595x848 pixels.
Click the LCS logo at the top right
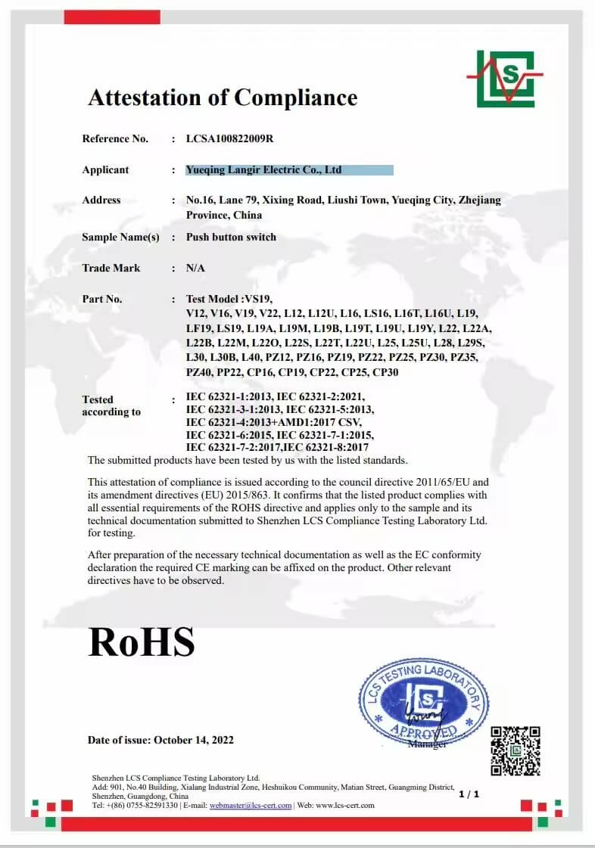coord(505,78)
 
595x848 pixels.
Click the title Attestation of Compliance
coord(223,98)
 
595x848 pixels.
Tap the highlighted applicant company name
coord(263,170)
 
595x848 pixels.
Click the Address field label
coord(101,200)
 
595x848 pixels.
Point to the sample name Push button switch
coord(231,238)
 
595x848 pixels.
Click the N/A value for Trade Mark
coord(195,269)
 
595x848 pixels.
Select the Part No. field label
coord(102,300)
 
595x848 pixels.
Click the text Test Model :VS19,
coord(229,300)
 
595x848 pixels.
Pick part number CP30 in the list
coord(385,372)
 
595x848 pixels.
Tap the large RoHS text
coord(142,641)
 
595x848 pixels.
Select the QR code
coord(516,750)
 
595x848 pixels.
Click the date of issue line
coord(160,740)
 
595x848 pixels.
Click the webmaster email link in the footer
coord(251,806)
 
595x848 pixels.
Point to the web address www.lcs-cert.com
coord(346,806)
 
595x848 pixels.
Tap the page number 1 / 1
coord(469,794)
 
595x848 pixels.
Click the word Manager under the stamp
coord(427,744)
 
